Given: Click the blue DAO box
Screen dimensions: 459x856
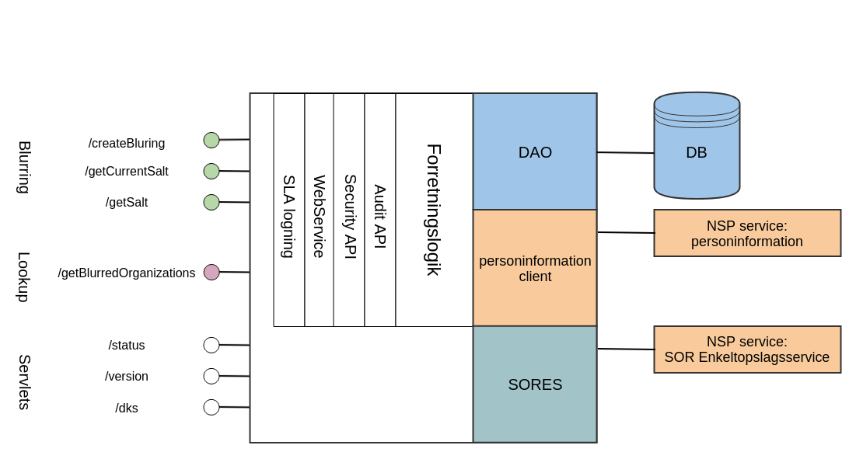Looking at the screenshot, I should click(x=535, y=152).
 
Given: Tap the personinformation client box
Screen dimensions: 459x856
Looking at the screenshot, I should click(x=535, y=268).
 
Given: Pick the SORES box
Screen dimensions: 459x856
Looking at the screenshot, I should click(x=535, y=384).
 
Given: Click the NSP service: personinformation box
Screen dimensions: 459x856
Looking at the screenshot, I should click(x=747, y=233).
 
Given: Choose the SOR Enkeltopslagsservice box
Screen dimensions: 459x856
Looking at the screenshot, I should click(x=747, y=349).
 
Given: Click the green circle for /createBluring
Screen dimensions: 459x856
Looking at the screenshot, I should click(x=211, y=140).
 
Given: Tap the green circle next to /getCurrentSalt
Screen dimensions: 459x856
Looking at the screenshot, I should click(x=211, y=171).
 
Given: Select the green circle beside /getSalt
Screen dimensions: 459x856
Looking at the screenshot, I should click(x=211, y=202).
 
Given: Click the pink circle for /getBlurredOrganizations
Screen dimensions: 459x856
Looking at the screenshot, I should click(x=211, y=272).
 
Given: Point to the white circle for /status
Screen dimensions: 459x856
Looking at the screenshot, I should click(x=211, y=345).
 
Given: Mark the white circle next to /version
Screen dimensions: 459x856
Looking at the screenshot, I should click(x=211, y=376).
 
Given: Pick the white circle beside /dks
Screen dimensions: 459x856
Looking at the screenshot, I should click(x=211, y=407).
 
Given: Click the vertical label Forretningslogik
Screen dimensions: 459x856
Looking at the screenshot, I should click(x=434, y=210).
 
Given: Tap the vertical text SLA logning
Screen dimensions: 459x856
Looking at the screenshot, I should click(x=288, y=216).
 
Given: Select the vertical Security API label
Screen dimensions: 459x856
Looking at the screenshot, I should click(x=350, y=216).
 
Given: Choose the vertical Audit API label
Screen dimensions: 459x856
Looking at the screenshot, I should click(x=379, y=216).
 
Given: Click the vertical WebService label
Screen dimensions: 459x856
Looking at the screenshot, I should click(x=319, y=216).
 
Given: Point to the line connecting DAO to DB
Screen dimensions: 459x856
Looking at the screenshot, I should click(x=625, y=153).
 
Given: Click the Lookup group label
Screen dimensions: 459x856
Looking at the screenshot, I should click(x=24, y=276).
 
